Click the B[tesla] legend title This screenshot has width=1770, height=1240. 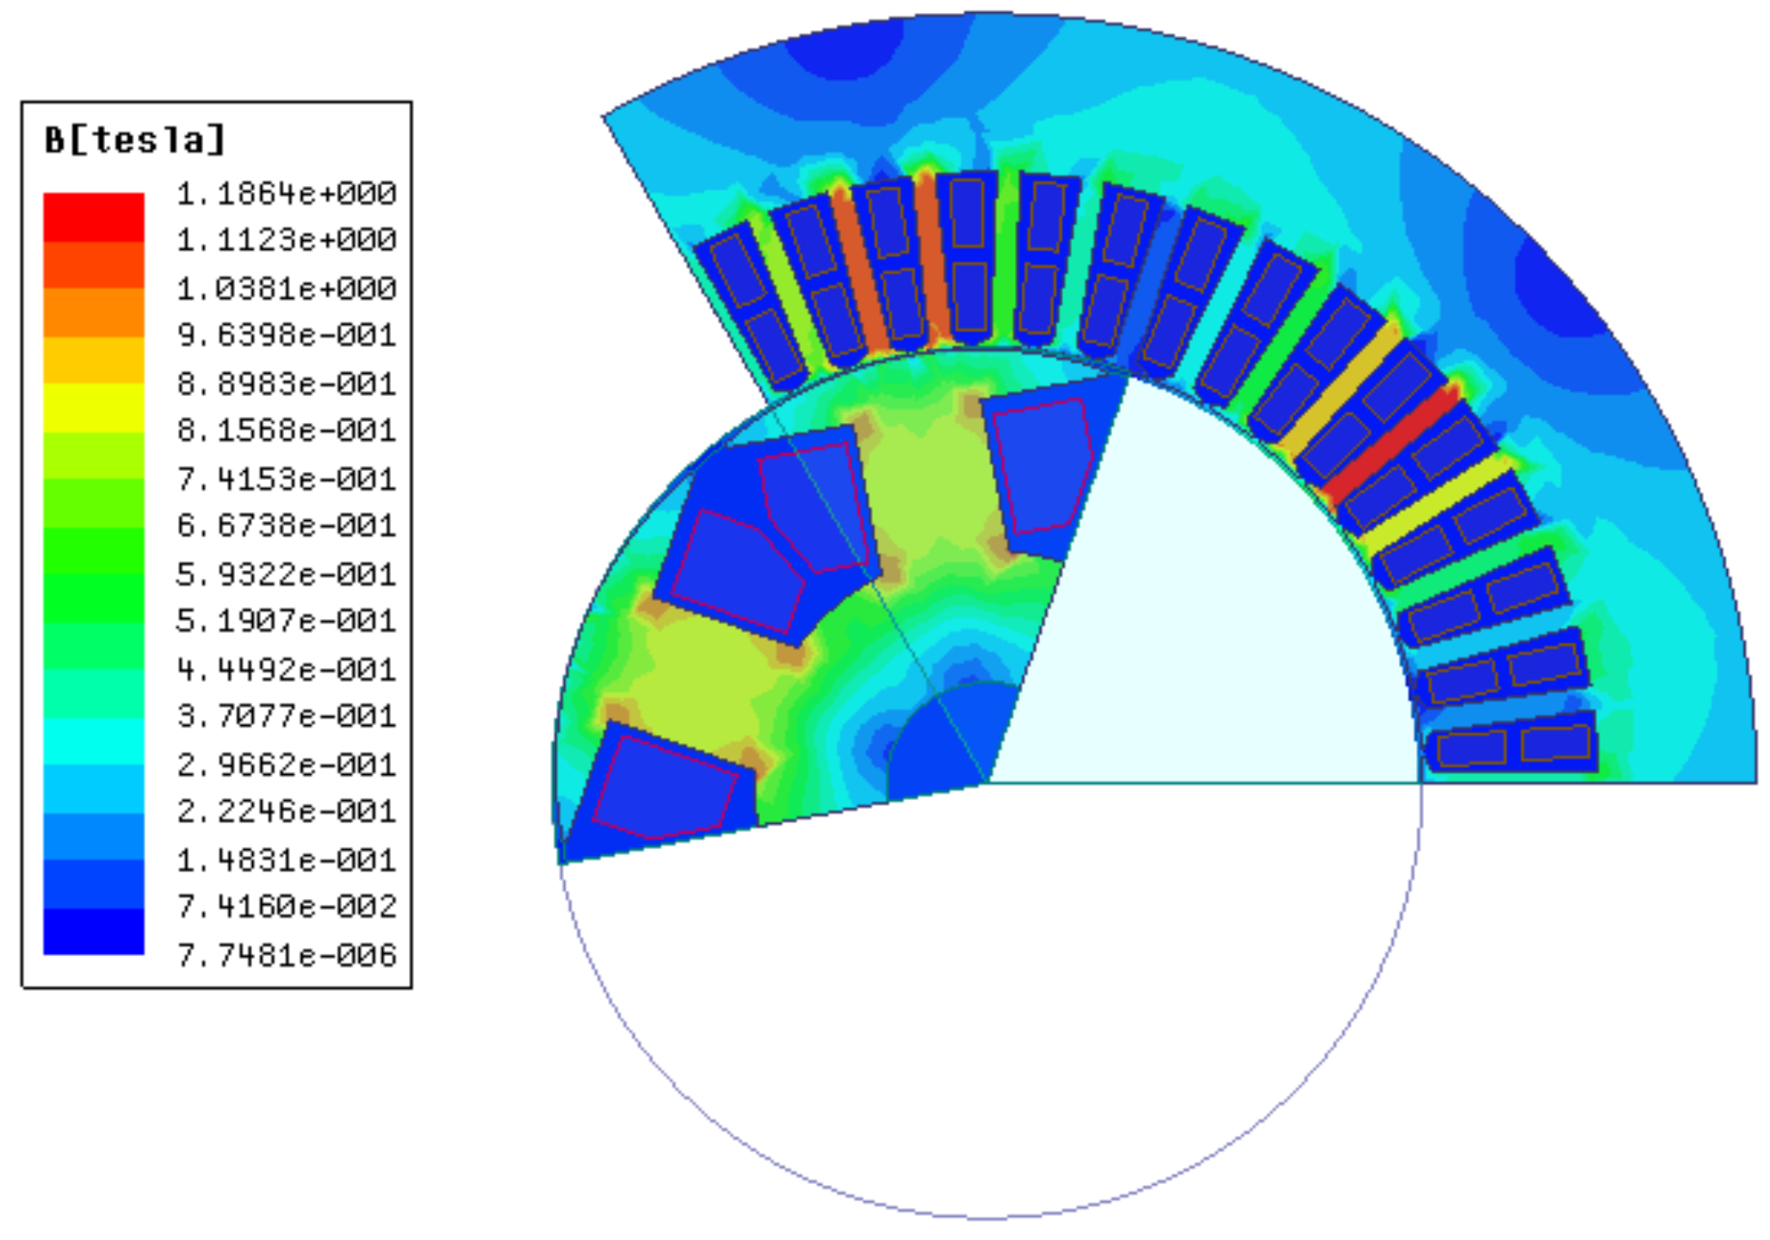[135, 139]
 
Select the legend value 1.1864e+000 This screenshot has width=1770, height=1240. [287, 194]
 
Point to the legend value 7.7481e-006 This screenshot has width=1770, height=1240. [287, 955]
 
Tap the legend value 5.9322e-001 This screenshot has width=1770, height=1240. [287, 573]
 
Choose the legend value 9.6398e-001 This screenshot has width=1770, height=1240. [287, 334]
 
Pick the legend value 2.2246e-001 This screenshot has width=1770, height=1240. [287, 811]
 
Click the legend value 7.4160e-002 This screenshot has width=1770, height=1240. [287, 906]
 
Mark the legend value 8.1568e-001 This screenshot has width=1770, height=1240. [287, 430]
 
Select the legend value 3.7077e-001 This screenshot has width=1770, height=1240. [287, 716]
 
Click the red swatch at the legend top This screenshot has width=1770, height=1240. [94, 217]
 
